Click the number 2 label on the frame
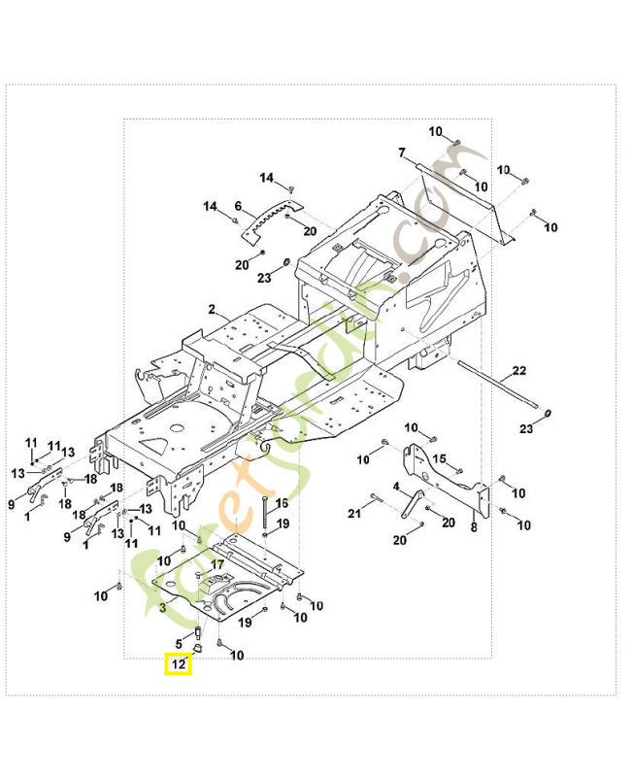(x=211, y=310)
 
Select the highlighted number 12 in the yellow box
(x=178, y=665)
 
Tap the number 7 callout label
(x=401, y=152)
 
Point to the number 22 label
(x=519, y=371)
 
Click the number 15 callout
(x=440, y=458)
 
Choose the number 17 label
(x=217, y=563)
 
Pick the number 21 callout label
(x=354, y=512)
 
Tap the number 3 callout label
(x=161, y=608)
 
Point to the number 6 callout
(x=238, y=206)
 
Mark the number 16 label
(x=282, y=503)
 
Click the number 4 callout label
(x=396, y=486)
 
